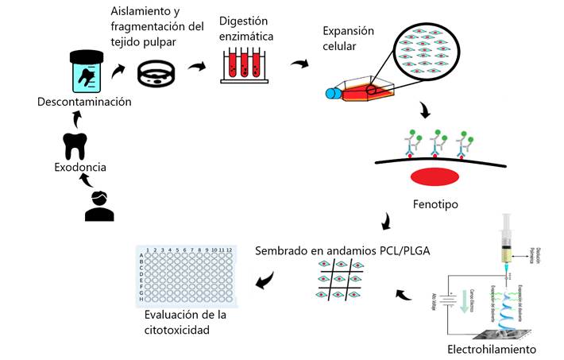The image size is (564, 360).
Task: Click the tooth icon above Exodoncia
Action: [x=75, y=146]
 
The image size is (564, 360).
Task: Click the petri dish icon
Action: [x=156, y=73]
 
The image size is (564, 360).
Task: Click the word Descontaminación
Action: [x=84, y=102]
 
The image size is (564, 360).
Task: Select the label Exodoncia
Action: [x=80, y=168]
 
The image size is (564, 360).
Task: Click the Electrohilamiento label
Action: [x=492, y=350]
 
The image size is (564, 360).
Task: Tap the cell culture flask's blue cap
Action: [x=333, y=94]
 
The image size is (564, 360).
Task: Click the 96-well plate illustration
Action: [x=187, y=276]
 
